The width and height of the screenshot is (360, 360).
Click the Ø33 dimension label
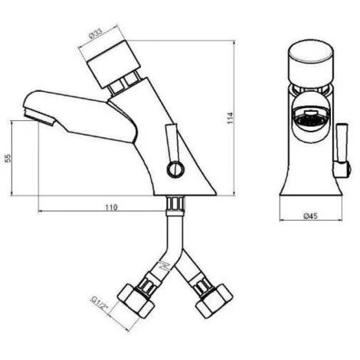96,34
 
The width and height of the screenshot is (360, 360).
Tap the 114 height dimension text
231,118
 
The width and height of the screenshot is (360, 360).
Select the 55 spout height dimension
8,159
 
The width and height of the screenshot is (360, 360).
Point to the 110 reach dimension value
112,207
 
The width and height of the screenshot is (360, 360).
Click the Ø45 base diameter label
310,216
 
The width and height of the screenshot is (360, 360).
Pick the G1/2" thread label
100,303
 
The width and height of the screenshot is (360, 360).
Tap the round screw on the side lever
175,169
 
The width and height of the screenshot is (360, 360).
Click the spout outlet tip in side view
39,116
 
